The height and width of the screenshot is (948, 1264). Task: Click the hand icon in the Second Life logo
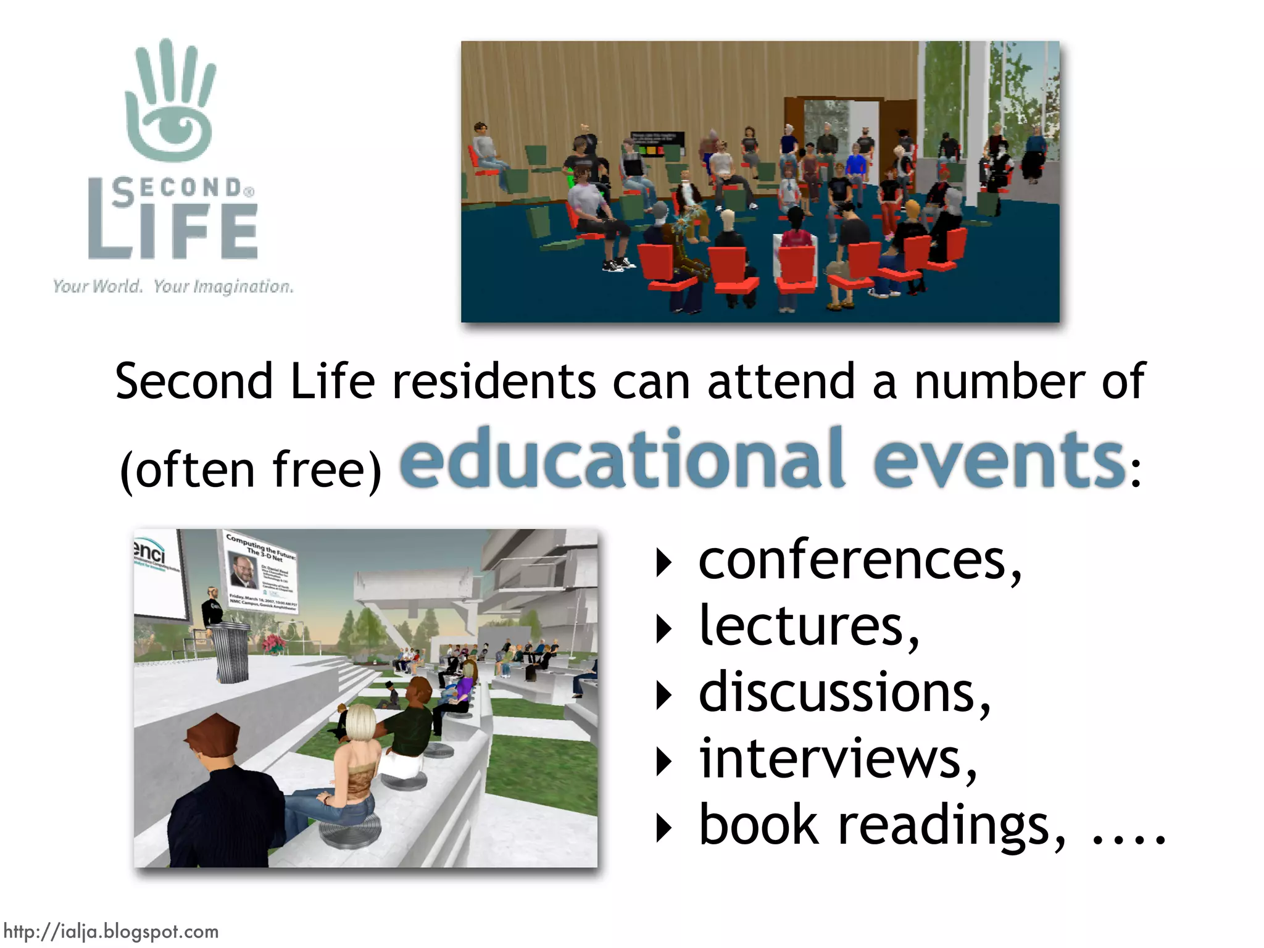coord(170,102)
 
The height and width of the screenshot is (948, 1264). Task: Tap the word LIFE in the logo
coord(173,230)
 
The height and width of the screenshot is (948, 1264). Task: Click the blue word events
coord(999,460)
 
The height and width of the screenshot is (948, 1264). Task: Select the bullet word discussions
coord(842,693)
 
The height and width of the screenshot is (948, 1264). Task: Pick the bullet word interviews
coord(836,760)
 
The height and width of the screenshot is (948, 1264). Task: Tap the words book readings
coord(881,826)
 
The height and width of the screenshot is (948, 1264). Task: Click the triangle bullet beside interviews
coord(663,762)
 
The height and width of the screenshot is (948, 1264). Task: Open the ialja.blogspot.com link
coord(111,931)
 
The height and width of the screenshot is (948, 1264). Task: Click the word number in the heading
coord(999,381)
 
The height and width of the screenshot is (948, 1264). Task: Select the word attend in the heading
coord(781,381)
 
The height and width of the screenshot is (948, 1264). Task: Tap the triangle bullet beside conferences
coord(663,562)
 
